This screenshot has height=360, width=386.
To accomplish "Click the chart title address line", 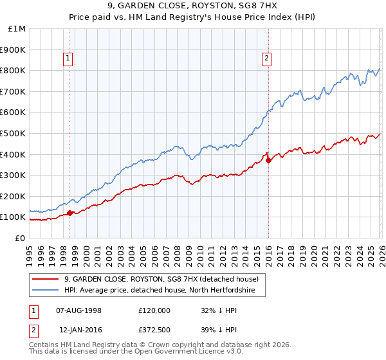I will coord(193,6).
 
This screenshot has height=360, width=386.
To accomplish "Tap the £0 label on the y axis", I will coord(19,238).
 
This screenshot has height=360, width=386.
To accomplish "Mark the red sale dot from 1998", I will coord(69,213).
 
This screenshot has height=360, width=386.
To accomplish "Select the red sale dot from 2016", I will coord(268,160).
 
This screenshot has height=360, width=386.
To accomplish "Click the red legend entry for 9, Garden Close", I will coord(161,279).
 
